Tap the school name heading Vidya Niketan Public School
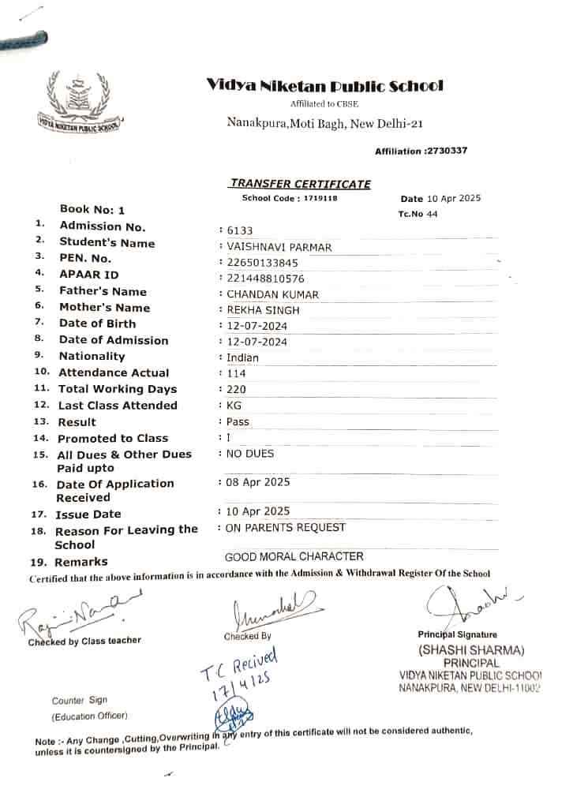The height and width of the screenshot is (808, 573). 324,86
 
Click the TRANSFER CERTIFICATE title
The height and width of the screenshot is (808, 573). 300,184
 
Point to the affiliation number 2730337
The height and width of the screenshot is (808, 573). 446,151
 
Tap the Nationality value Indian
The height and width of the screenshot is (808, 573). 242,357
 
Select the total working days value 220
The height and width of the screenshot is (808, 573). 236,389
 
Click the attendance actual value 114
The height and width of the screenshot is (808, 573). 235,373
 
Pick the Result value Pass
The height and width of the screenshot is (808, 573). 238,421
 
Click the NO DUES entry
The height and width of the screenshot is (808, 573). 250,454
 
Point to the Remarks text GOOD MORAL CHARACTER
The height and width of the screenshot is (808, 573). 294,556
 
